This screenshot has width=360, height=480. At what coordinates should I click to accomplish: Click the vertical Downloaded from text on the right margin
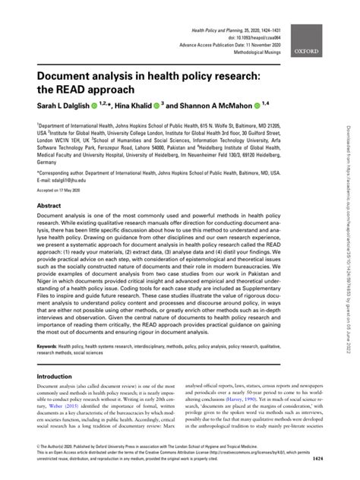click(x=351, y=228)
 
